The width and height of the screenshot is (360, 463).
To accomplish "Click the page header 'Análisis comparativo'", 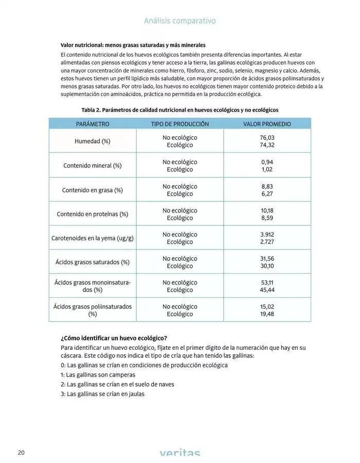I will [179, 21].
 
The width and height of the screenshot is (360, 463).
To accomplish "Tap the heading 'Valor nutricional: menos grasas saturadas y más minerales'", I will [133, 45].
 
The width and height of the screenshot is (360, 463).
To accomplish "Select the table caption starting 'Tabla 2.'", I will [180, 110].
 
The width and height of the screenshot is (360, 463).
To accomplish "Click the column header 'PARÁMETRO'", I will [93, 124].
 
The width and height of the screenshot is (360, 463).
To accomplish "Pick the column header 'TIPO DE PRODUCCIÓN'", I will [180, 124].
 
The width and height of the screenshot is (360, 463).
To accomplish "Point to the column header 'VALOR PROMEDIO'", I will [267, 124].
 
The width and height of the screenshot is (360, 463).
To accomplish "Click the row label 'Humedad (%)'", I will [93, 141].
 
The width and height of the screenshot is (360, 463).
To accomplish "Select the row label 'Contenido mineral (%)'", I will [93, 166].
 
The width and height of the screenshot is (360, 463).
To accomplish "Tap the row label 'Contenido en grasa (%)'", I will [93, 190].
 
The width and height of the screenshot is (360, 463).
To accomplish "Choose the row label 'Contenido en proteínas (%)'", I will [93, 214].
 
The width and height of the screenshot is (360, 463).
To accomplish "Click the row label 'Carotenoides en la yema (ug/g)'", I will [93, 238].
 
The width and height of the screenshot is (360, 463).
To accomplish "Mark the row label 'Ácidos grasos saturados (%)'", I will [93, 262].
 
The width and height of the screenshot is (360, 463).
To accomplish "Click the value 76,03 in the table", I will [267, 138].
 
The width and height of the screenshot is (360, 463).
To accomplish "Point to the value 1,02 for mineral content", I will [267, 169].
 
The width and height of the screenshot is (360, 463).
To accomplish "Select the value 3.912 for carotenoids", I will [267, 235].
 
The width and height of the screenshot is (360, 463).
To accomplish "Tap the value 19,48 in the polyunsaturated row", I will [267, 314].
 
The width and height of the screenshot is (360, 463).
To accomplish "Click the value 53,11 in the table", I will [267, 282].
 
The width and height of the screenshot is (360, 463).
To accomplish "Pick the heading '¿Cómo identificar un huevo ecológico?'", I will [114, 338].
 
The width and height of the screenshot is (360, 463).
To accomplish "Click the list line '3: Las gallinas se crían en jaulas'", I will [102, 394].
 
